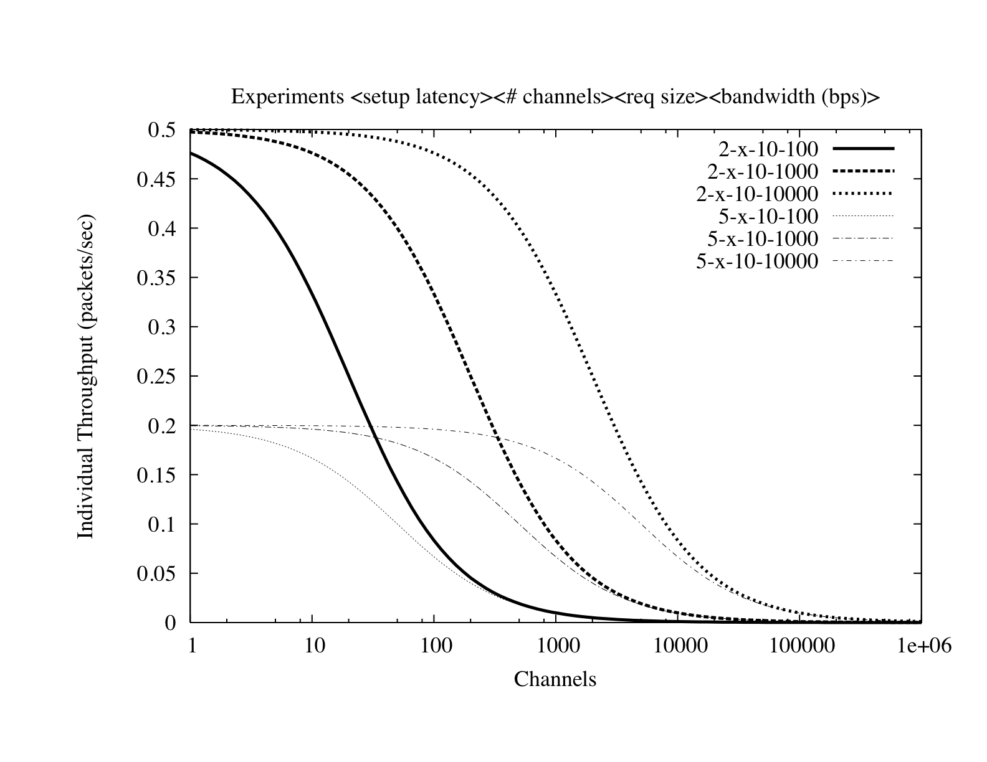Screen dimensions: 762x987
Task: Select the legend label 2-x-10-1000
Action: click(x=763, y=171)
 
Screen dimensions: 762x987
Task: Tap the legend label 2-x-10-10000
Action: click(x=757, y=194)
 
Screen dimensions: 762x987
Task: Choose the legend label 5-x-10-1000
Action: click(x=763, y=239)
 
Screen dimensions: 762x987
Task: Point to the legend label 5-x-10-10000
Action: click(x=757, y=261)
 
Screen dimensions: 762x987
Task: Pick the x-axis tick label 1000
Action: click(x=555, y=646)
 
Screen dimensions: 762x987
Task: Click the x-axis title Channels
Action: click(x=555, y=679)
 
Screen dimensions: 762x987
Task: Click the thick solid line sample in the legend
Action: click(x=863, y=149)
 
